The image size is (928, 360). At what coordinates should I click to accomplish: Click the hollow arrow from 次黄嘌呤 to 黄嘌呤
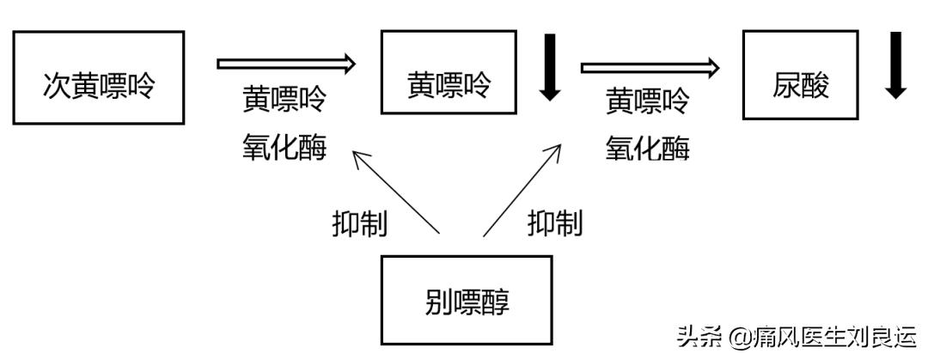[286, 63]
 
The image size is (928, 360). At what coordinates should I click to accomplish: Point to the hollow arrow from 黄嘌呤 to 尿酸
[650, 67]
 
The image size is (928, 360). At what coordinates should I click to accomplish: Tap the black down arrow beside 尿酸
[897, 67]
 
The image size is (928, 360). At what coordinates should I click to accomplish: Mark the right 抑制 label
[554, 223]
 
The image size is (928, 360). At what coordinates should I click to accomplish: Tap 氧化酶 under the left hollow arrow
[284, 148]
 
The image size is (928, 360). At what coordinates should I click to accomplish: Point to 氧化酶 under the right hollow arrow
[648, 149]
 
